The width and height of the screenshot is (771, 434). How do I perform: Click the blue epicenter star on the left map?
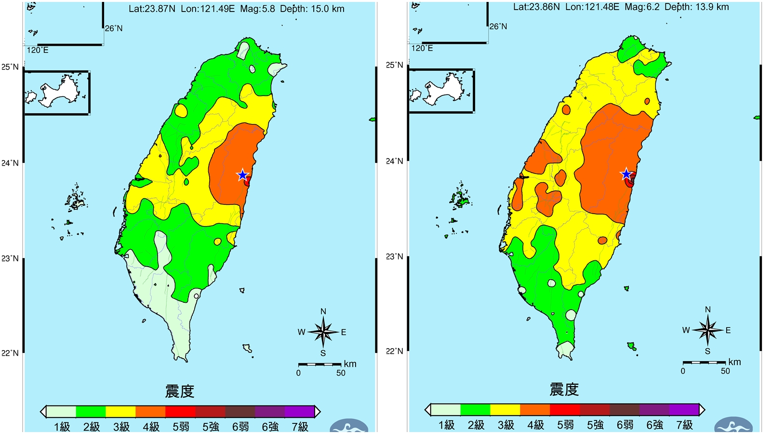coord(242,175)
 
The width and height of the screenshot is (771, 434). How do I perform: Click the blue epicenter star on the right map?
coord(626,174)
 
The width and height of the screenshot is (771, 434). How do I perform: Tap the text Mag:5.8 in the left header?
coord(257,9)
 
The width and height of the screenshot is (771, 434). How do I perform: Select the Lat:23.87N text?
coord(152,9)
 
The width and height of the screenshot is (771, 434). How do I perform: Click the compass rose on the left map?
coord(323,332)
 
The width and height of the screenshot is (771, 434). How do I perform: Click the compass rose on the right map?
coord(707,330)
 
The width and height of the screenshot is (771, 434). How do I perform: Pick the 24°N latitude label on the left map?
coord(10,163)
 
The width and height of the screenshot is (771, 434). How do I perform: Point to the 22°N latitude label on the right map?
coord(394,351)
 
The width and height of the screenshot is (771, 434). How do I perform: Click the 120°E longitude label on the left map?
coord(38,50)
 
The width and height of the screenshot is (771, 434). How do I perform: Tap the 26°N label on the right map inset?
coord(498,27)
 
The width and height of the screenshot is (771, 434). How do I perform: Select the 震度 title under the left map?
coord(179,391)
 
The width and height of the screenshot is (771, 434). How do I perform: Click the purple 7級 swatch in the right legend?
coord(684,410)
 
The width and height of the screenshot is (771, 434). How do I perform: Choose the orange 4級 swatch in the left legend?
coord(150,412)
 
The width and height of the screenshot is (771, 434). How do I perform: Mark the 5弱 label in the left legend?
coord(181,427)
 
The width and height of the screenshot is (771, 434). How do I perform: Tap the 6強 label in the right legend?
coord(654,425)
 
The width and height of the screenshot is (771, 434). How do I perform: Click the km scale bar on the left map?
coord(319,365)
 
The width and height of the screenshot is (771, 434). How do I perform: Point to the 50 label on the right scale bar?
coord(725,371)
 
